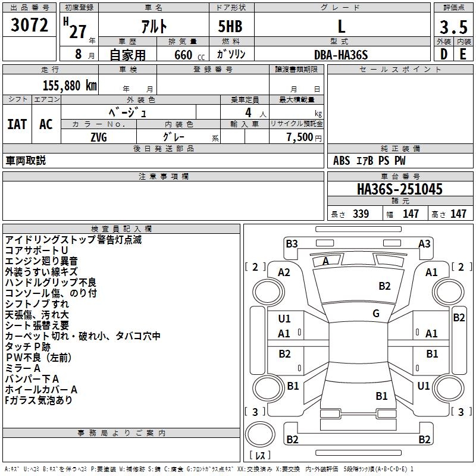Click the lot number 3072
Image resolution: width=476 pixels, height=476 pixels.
[29, 26]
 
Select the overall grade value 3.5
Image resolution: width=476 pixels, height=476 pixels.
[452, 27]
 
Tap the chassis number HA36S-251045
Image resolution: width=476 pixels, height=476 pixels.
[399, 189]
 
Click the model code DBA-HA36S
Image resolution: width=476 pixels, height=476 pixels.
[341, 55]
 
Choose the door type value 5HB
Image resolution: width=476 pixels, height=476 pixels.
[230, 27]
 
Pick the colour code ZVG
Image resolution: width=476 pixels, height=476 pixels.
[98, 137]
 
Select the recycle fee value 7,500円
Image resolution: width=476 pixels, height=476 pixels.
[303, 137]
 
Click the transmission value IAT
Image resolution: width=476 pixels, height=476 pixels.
[17, 124]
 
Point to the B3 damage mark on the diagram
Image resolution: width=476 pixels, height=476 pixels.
[292, 243]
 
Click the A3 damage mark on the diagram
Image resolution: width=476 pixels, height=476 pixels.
[424, 243]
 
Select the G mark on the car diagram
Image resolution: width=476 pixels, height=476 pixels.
[376, 314]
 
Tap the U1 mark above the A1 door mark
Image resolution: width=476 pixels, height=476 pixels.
[284, 319]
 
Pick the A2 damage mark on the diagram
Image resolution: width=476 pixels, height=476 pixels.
[284, 272]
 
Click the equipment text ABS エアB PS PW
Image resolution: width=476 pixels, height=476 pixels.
[369, 161]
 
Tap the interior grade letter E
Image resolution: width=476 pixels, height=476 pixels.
[463, 54]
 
